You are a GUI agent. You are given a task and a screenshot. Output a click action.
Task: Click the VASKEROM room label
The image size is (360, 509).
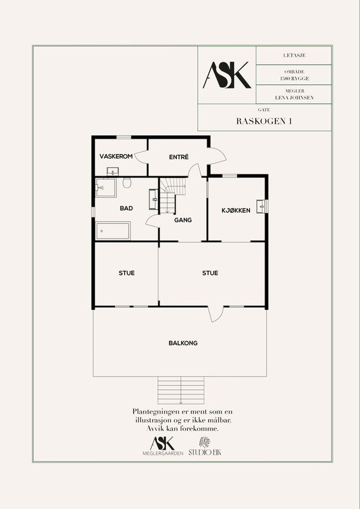coord(116,157)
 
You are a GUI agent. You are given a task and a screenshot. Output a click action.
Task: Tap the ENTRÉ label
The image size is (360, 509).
coord(179,157)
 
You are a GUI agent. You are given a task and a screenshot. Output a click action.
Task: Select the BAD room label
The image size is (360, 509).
coord(127,209)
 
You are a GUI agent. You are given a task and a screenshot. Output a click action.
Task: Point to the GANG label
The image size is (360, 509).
coord(183,220)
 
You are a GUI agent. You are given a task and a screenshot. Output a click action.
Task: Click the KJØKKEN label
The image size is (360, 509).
coord(236,211)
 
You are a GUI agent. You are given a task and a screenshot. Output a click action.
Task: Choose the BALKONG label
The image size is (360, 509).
coord(183,343)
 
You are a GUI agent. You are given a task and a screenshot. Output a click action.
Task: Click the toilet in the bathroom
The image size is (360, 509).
coord(127,183)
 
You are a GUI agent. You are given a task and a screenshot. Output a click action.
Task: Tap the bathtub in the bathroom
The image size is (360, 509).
coord(113,231)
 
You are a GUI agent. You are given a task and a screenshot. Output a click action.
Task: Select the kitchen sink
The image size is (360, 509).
coord(261,206)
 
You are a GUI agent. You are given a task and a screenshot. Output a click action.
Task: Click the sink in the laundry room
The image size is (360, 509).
coord(113,171)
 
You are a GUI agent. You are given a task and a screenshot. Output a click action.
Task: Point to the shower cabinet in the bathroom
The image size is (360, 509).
coord(106,187)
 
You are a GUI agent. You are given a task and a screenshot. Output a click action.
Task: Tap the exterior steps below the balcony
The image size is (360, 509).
coord(181,391)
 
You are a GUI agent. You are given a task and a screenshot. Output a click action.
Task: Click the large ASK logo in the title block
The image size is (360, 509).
coord(227,75)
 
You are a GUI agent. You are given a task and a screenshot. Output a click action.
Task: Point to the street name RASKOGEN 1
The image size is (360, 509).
coord(263,121)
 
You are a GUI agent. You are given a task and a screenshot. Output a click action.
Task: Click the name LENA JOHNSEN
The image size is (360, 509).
coord(294,97)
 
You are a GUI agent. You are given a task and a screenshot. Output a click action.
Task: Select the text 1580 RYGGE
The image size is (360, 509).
coord(294,78)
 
